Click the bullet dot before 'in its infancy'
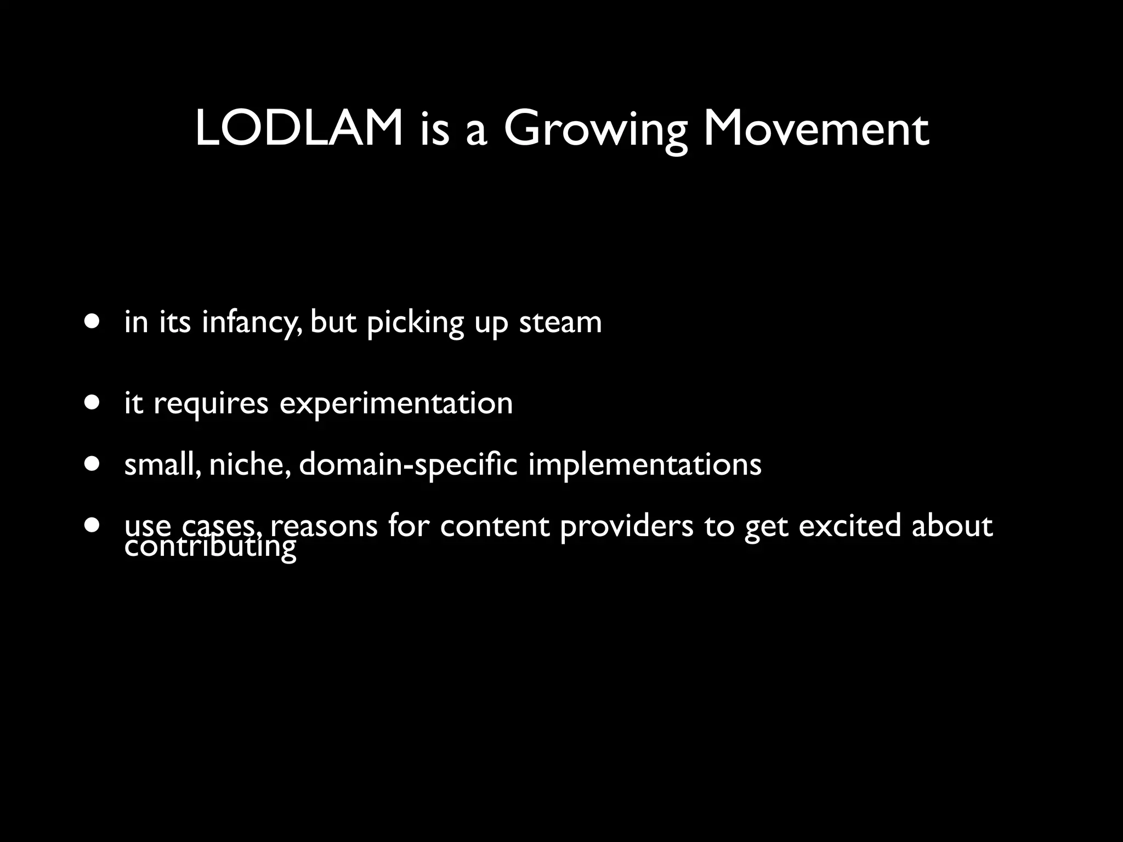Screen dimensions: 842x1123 (93, 321)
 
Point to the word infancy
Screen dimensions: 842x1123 (251, 322)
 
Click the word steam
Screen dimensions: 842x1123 (560, 322)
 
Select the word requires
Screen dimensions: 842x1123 (211, 404)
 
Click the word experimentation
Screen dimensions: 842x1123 (396, 404)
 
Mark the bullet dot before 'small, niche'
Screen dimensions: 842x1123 (93, 464)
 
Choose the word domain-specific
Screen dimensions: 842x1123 (408, 465)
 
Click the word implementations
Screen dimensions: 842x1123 (644, 465)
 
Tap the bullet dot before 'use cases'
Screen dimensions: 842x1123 (93, 525)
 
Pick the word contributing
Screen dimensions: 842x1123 (211, 547)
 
